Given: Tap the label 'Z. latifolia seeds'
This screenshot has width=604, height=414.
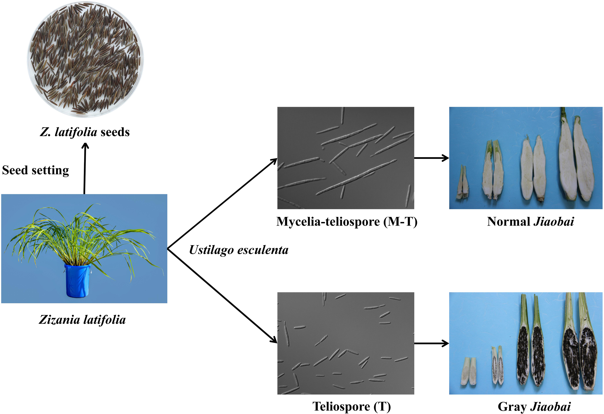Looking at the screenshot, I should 85,132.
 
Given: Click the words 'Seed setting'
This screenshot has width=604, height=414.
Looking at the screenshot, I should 36,171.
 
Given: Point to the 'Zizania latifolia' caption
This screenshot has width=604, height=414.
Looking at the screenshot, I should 82,320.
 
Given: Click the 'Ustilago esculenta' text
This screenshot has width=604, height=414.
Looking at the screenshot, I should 239,250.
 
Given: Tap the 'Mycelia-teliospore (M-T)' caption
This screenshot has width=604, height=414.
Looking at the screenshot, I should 347,222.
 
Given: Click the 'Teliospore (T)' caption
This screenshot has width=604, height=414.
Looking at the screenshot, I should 351,407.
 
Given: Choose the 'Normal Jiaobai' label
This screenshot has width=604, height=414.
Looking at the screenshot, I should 530,222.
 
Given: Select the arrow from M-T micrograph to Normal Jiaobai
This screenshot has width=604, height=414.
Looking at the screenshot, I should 431,158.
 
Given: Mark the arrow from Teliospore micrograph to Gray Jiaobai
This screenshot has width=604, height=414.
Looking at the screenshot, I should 431,343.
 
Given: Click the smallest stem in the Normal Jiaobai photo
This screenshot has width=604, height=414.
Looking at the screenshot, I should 462,183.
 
